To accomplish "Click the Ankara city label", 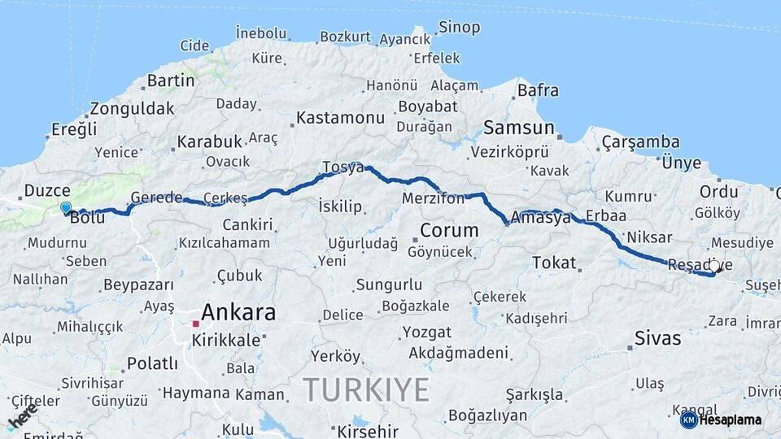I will pyautogui.click(x=238, y=312).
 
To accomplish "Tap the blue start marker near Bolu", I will pyautogui.click(x=66, y=208).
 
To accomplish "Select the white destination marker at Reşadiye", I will pyautogui.click(x=714, y=265).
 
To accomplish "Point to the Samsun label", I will pyautogui.click(x=519, y=128).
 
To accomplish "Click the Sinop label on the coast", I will pyautogui.click(x=459, y=28).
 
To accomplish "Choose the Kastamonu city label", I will pyautogui.click(x=340, y=118).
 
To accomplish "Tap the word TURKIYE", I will pyautogui.click(x=366, y=390).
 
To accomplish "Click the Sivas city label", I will pyautogui.click(x=657, y=337).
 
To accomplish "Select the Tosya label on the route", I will pyautogui.click(x=343, y=167).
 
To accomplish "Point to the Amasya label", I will pyautogui.click(x=541, y=217).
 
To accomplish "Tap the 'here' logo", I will pyautogui.click(x=23, y=415).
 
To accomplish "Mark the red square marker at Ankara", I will pyautogui.click(x=195, y=324).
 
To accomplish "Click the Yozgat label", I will pyautogui.click(x=426, y=333).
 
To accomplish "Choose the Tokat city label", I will pyautogui.click(x=554, y=263).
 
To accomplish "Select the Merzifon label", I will pyautogui.click(x=433, y=198).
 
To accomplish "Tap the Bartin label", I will pyautogui.click(x=171, y=80).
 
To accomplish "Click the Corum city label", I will pyautogui.click(x=448, y=230).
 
